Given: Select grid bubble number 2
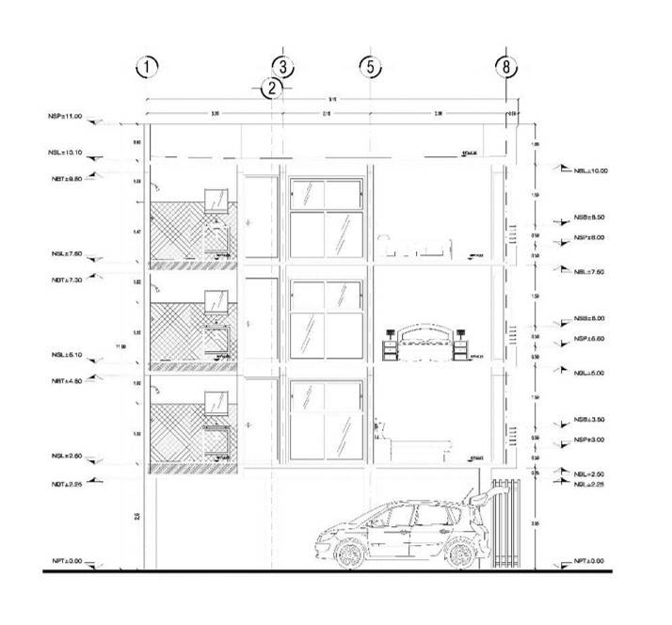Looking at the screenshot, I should [x=271, y=88].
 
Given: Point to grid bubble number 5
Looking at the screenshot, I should [x=370, y=67].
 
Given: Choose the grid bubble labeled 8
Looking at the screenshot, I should [x=507, y=67].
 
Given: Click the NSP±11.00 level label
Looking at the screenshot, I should [x=65, y=117].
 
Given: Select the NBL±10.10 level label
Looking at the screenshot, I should [x=65, y=152].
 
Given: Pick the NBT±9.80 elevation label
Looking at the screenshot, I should [x=65, y=178].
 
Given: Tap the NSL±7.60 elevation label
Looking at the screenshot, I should [x=65, y=253].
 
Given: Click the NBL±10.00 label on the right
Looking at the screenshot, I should [x=591, y=171].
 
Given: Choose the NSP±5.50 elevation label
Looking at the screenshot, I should [x=590, y=339].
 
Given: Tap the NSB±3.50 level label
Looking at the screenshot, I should [x=590, y=420].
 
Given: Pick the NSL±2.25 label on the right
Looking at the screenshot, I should [x=591, y=484].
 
